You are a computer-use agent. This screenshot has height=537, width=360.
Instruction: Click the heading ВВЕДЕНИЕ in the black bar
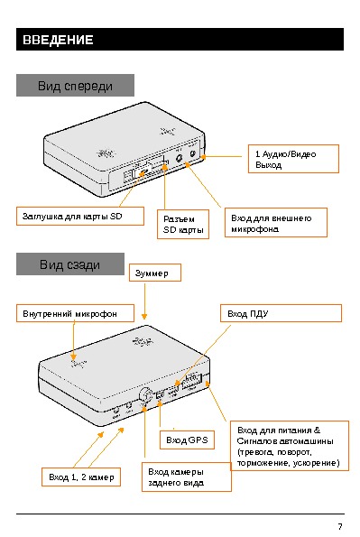click(x=58, y=40)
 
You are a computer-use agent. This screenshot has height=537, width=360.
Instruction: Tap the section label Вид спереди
click(x=75, y=86)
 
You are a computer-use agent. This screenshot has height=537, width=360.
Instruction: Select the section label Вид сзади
click(x=69, y=264)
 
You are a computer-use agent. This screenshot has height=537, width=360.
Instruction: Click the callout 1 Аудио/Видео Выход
click(x=293, y=159)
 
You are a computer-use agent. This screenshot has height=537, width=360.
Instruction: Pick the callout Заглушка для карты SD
click(x=79, y=216)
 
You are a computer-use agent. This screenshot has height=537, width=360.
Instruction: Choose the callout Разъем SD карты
click(x=183, y=225)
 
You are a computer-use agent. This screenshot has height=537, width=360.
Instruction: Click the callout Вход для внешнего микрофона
click(x=276, y=223)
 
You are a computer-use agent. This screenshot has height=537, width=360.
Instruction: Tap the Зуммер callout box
click(x=155, y=273)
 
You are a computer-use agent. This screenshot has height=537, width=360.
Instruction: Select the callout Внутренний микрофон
click(x=75, y=313)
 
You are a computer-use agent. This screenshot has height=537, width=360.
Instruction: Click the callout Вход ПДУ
click(x=281, y=313)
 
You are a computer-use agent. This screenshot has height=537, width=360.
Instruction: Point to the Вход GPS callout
click(x=187, y=440)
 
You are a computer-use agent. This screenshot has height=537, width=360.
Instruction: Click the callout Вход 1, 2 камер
click(x=81, y=477)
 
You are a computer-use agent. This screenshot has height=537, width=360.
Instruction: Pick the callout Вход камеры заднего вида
click(x=187, y=477)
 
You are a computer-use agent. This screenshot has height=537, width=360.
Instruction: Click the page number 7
click(x=340, y=526)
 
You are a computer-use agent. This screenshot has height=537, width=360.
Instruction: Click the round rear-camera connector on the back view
click(x=146, y=395)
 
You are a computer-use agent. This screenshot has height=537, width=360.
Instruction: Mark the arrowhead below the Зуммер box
click(x=144, y=317)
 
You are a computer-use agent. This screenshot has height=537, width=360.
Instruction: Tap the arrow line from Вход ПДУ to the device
click(x=203, y=355)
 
